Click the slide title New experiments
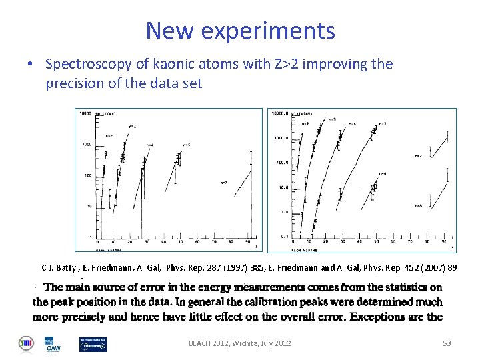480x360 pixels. pos(240,31)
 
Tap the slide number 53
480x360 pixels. pos(447,343)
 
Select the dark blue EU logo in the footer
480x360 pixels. pos(92,343)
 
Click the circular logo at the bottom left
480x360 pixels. pos(25,343)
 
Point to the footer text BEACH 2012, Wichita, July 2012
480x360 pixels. pos(239,343)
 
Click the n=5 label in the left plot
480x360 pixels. pos(187,144)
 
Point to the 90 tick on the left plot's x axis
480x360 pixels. pos(247,242)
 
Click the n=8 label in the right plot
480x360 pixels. pos(418,205)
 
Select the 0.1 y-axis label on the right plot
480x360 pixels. pos(284,236)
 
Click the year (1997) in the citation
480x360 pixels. pos(235,268)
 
